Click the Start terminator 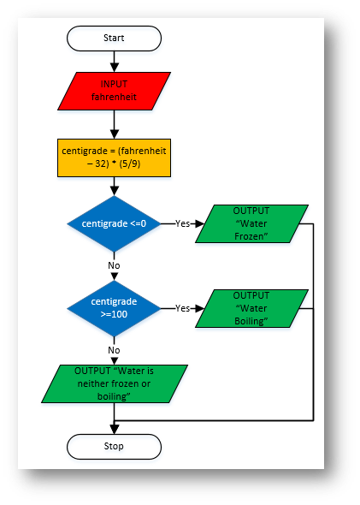click(114, 39)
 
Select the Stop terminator click(114, 447)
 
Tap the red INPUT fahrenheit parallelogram click(114, 91)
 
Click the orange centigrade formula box click(114, 157)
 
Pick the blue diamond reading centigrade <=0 click(114, 223)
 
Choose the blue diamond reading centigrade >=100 click(114, 308)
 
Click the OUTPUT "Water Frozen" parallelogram click(251, 223)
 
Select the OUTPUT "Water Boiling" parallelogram click(251, 308)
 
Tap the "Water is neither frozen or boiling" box click(115, 383)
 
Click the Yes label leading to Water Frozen click(182, 223)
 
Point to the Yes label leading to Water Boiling click(182, 308)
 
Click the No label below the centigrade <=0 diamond click(114, 265)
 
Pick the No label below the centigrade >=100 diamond click(114, 350)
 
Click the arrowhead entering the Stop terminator click(115, 430)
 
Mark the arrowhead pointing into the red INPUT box click(115, 68)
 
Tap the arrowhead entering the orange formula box click(115, 134)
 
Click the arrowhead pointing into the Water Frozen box click(199, 223)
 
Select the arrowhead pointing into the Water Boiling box click(199, 308)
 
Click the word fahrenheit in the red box click(114, 97)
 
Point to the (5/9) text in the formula click(130, 164)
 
